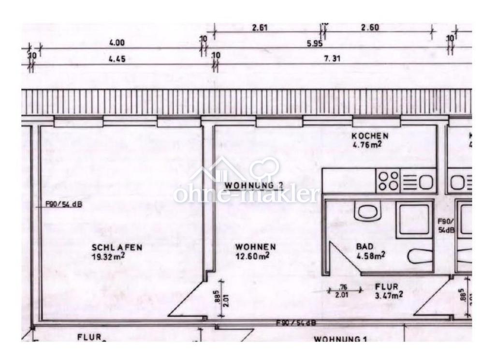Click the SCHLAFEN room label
point(117,247)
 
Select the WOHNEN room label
point(256,247)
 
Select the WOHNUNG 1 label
point(341,339)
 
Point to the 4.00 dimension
point(117,43)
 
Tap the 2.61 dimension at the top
point(260,27)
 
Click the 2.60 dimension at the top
point(370,27)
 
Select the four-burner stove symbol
point(388,181)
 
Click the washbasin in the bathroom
point(370,211)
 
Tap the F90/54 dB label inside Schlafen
point(64,204)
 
